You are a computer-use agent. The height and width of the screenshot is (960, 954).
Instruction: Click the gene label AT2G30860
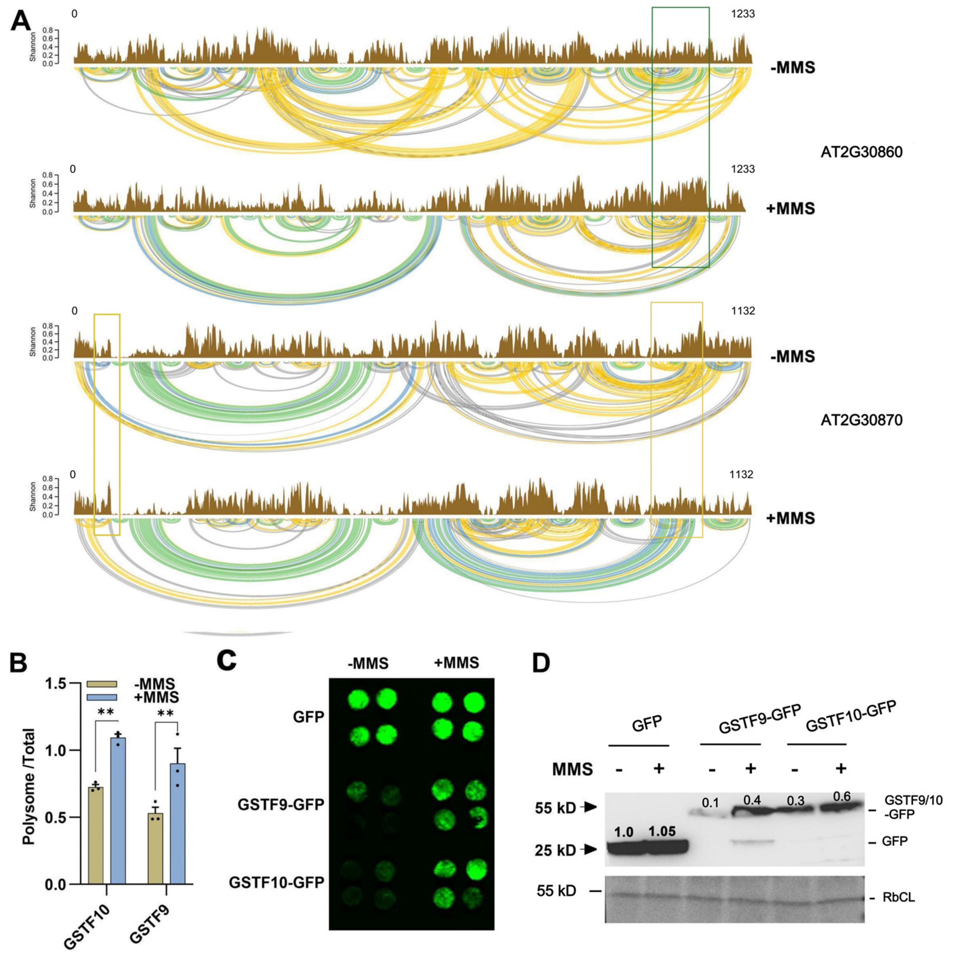[x=861, y=152]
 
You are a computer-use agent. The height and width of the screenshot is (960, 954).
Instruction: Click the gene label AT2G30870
[x=861, y=420]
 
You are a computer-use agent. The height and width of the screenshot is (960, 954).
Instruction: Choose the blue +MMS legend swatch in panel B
[x=102, y=697]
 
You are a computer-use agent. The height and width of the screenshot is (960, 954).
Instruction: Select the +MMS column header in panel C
[x=456, y=663]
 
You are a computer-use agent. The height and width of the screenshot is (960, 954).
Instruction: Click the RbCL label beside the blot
[x=898, y=898]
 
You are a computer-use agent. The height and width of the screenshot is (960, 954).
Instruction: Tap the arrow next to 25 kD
[x=590, y=850]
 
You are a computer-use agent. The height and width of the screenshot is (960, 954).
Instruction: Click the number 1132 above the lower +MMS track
[x=741, y=475]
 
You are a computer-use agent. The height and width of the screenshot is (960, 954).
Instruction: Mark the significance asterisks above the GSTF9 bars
[x=165, y=714]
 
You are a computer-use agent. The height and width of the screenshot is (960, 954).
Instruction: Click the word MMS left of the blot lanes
[x=572, y=770]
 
